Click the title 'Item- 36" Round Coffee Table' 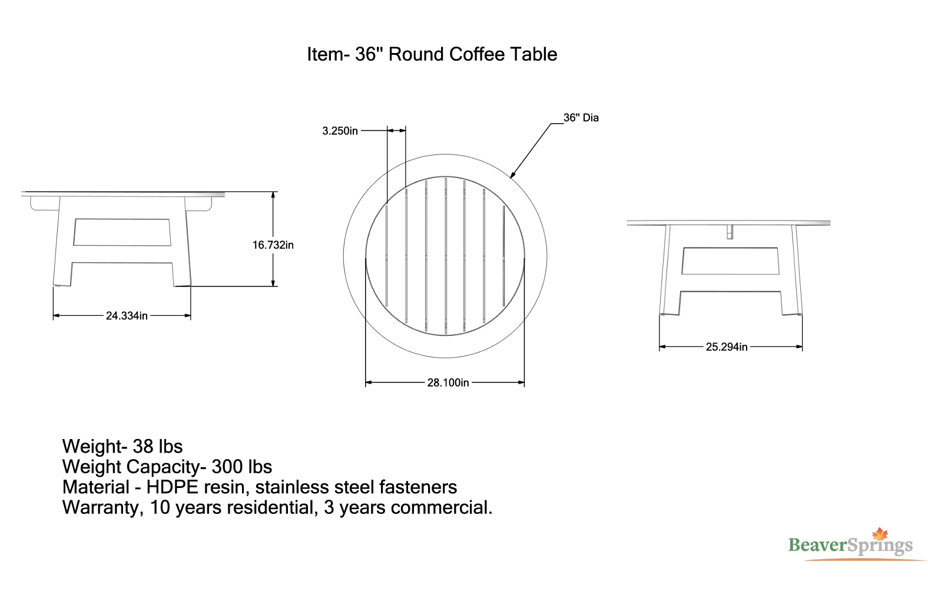click(x=432, y=54)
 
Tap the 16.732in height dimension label click(x=273, y=245)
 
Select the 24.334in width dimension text click(x=127, y=316)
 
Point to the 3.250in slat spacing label click(x=340, y=131)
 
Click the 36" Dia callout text click(x=581, y=118)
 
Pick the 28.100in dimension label click(x=448, y=382)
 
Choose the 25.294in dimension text click(x=727, y=347)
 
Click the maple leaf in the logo click(x=880, y=534)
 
